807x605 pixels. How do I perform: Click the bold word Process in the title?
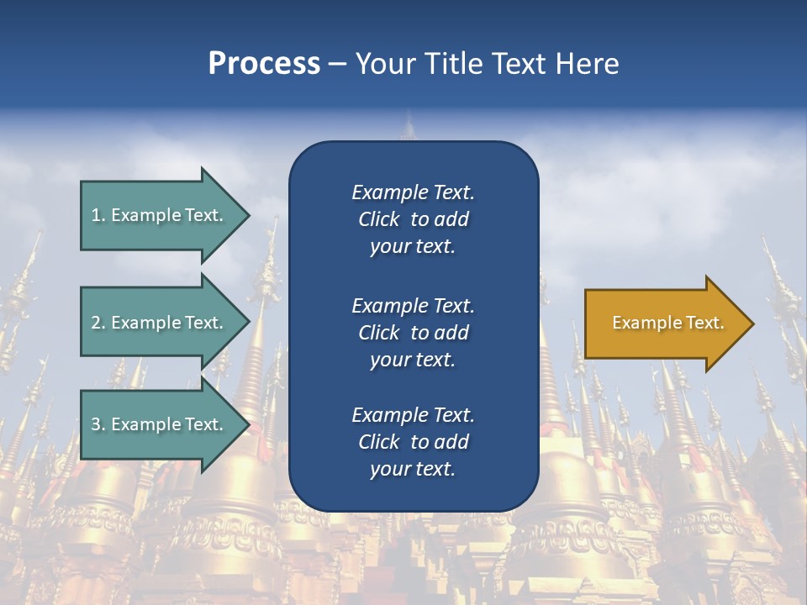pyautogui.click(x=264, y=64)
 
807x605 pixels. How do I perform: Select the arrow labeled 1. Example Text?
pyautogui.click(x=160, y=215)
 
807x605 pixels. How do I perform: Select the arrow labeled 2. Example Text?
pyautogui.click(x=160, y=323)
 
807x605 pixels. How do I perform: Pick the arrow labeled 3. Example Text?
pyautogui.click(x=160, y=424)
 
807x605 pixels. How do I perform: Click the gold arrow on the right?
pyautogui.click(x=664, y=323)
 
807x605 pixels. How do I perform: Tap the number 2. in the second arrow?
pyautogui.click(x=98, y=323)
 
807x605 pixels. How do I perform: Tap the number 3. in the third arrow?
pyautogui.click(x=98, y=424)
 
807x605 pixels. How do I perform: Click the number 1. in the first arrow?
pyautogui.click(x=98, y=215)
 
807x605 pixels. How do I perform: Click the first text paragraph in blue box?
pyautogui.click(x=413, y=219)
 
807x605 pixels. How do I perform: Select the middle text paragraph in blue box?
pyautogui.click(x=413, y=333)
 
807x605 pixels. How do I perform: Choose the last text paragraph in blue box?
pyautogui.click(x=413, y=442)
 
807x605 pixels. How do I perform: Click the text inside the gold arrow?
pyautogui.click(x=667, y=323)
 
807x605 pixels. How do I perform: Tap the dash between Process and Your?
pyautogui.click(x=337, y=65)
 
